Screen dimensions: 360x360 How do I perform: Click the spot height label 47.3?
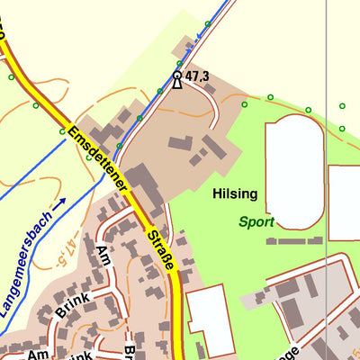point(197,78)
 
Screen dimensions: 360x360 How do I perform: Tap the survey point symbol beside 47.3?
point(177,78)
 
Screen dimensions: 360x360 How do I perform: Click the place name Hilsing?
point(235,193)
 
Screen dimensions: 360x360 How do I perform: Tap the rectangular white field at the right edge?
point(345,202)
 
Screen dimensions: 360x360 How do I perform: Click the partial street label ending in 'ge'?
point(296,354)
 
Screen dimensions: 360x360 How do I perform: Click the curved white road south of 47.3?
point(213,112)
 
